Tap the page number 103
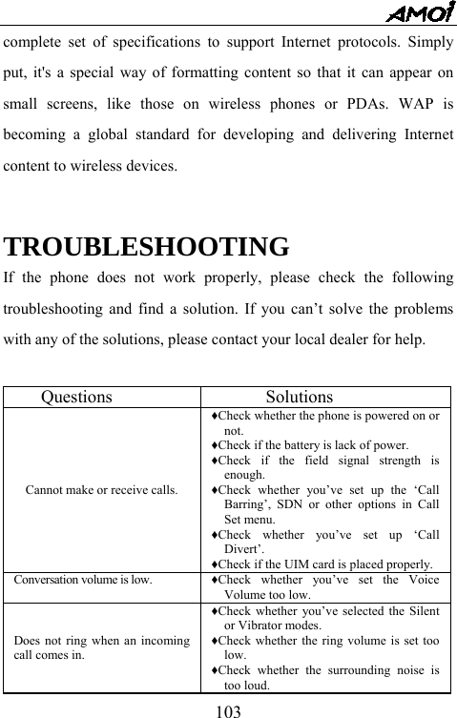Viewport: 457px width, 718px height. click(x=228, y=708)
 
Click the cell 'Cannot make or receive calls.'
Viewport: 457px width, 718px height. click(x=101, y=491)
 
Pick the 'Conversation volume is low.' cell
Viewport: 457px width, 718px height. click(x=81, y=579)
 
